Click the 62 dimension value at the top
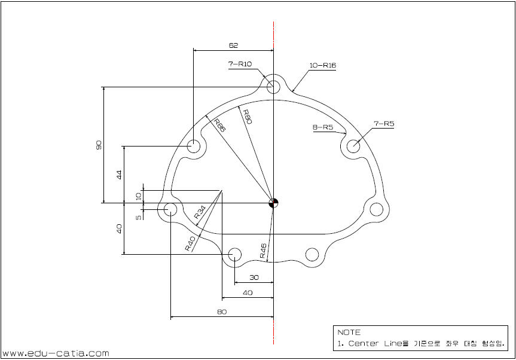coord(234,45)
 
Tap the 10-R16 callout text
coord(323,65)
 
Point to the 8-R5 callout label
coord(322,127)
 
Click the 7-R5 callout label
coord(384,124)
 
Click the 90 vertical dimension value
coord(99,145)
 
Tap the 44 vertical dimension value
coord(118,175)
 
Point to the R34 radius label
coord(200,212)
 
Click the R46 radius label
coord(263,251)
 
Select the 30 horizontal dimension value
coord(254,277)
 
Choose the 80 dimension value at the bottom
coord(222,312)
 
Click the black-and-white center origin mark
coord(273,203)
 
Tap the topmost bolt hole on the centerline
coord(273,86)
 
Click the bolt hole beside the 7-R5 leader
coord(353,145)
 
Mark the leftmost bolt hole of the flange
coord(170,209)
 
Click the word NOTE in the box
coord(349,332)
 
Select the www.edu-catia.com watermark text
coord(56,353)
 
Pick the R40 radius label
coord(190,243)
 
